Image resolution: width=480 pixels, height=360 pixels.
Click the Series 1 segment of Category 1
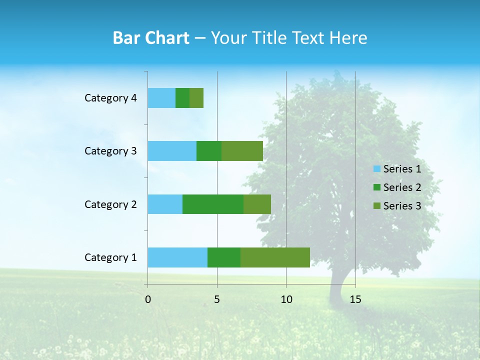coord(177,257)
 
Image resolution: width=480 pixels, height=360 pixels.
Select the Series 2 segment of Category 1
coord(224,257)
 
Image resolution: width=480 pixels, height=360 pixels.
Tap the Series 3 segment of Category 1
coord(275,257)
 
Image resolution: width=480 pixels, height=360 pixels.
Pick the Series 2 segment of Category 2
coord(213,204)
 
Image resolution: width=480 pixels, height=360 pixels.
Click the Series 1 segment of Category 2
coord(165,204)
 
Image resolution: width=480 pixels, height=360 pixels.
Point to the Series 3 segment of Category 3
coord(242,151)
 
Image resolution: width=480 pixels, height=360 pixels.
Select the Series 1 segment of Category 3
coord(172,151)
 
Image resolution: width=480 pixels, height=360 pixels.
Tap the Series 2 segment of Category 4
coord(182,98)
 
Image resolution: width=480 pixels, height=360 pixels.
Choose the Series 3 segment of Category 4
coord(196,98)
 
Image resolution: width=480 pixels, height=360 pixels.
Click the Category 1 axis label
coord(110,257)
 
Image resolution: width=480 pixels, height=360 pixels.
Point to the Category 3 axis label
coord(110,151)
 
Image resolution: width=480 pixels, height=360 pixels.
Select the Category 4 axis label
coord(110,98)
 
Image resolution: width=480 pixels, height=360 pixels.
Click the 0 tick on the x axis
coord(148,299)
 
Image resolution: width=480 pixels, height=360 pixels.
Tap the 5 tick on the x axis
coord(217,299)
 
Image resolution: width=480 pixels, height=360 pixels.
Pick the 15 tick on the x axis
coord(355,299)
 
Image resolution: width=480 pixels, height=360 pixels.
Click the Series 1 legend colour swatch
coord(377,169)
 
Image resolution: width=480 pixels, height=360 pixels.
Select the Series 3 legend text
coord(402,205)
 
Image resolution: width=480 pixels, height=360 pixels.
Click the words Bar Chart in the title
coord(151,38)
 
